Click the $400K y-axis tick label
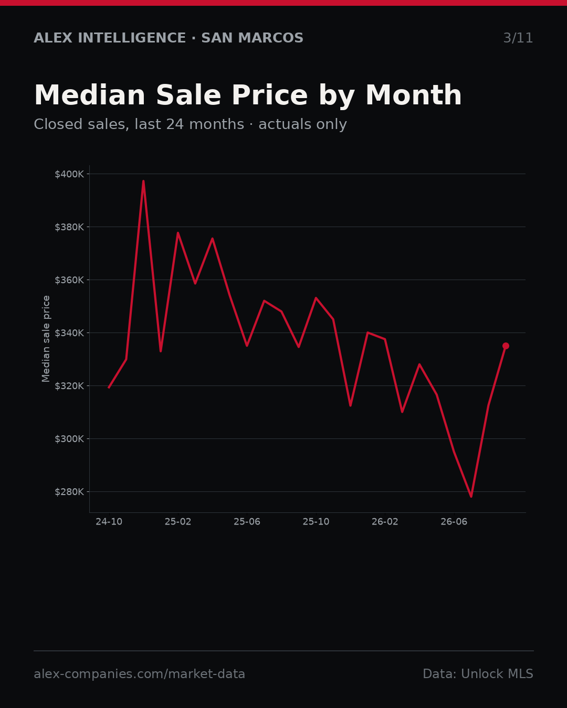tap(69, 174)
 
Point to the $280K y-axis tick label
tap(69, 492)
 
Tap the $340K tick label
tap(69, 333)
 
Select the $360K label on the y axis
tap(69, 280)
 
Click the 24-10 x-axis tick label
tap(109, 522)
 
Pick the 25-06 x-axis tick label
tap(247, 522)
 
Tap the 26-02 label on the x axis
tap(385, 522)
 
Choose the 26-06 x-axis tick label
tap(454, 522)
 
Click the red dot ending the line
tap(506, 346)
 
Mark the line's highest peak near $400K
tap(143, 180)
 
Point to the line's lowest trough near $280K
tap(471, 497)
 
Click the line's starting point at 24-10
tap(109, 388)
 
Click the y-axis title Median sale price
tap(46, 339)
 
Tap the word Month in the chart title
tap(414, 95)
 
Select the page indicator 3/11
tap(518, 38)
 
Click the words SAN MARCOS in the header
tap(253, 38)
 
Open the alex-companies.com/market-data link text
tap(139, 674)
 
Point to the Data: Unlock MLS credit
tap(478, 673)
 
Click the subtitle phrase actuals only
tap(302, 124)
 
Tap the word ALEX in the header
tap(53, 38)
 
